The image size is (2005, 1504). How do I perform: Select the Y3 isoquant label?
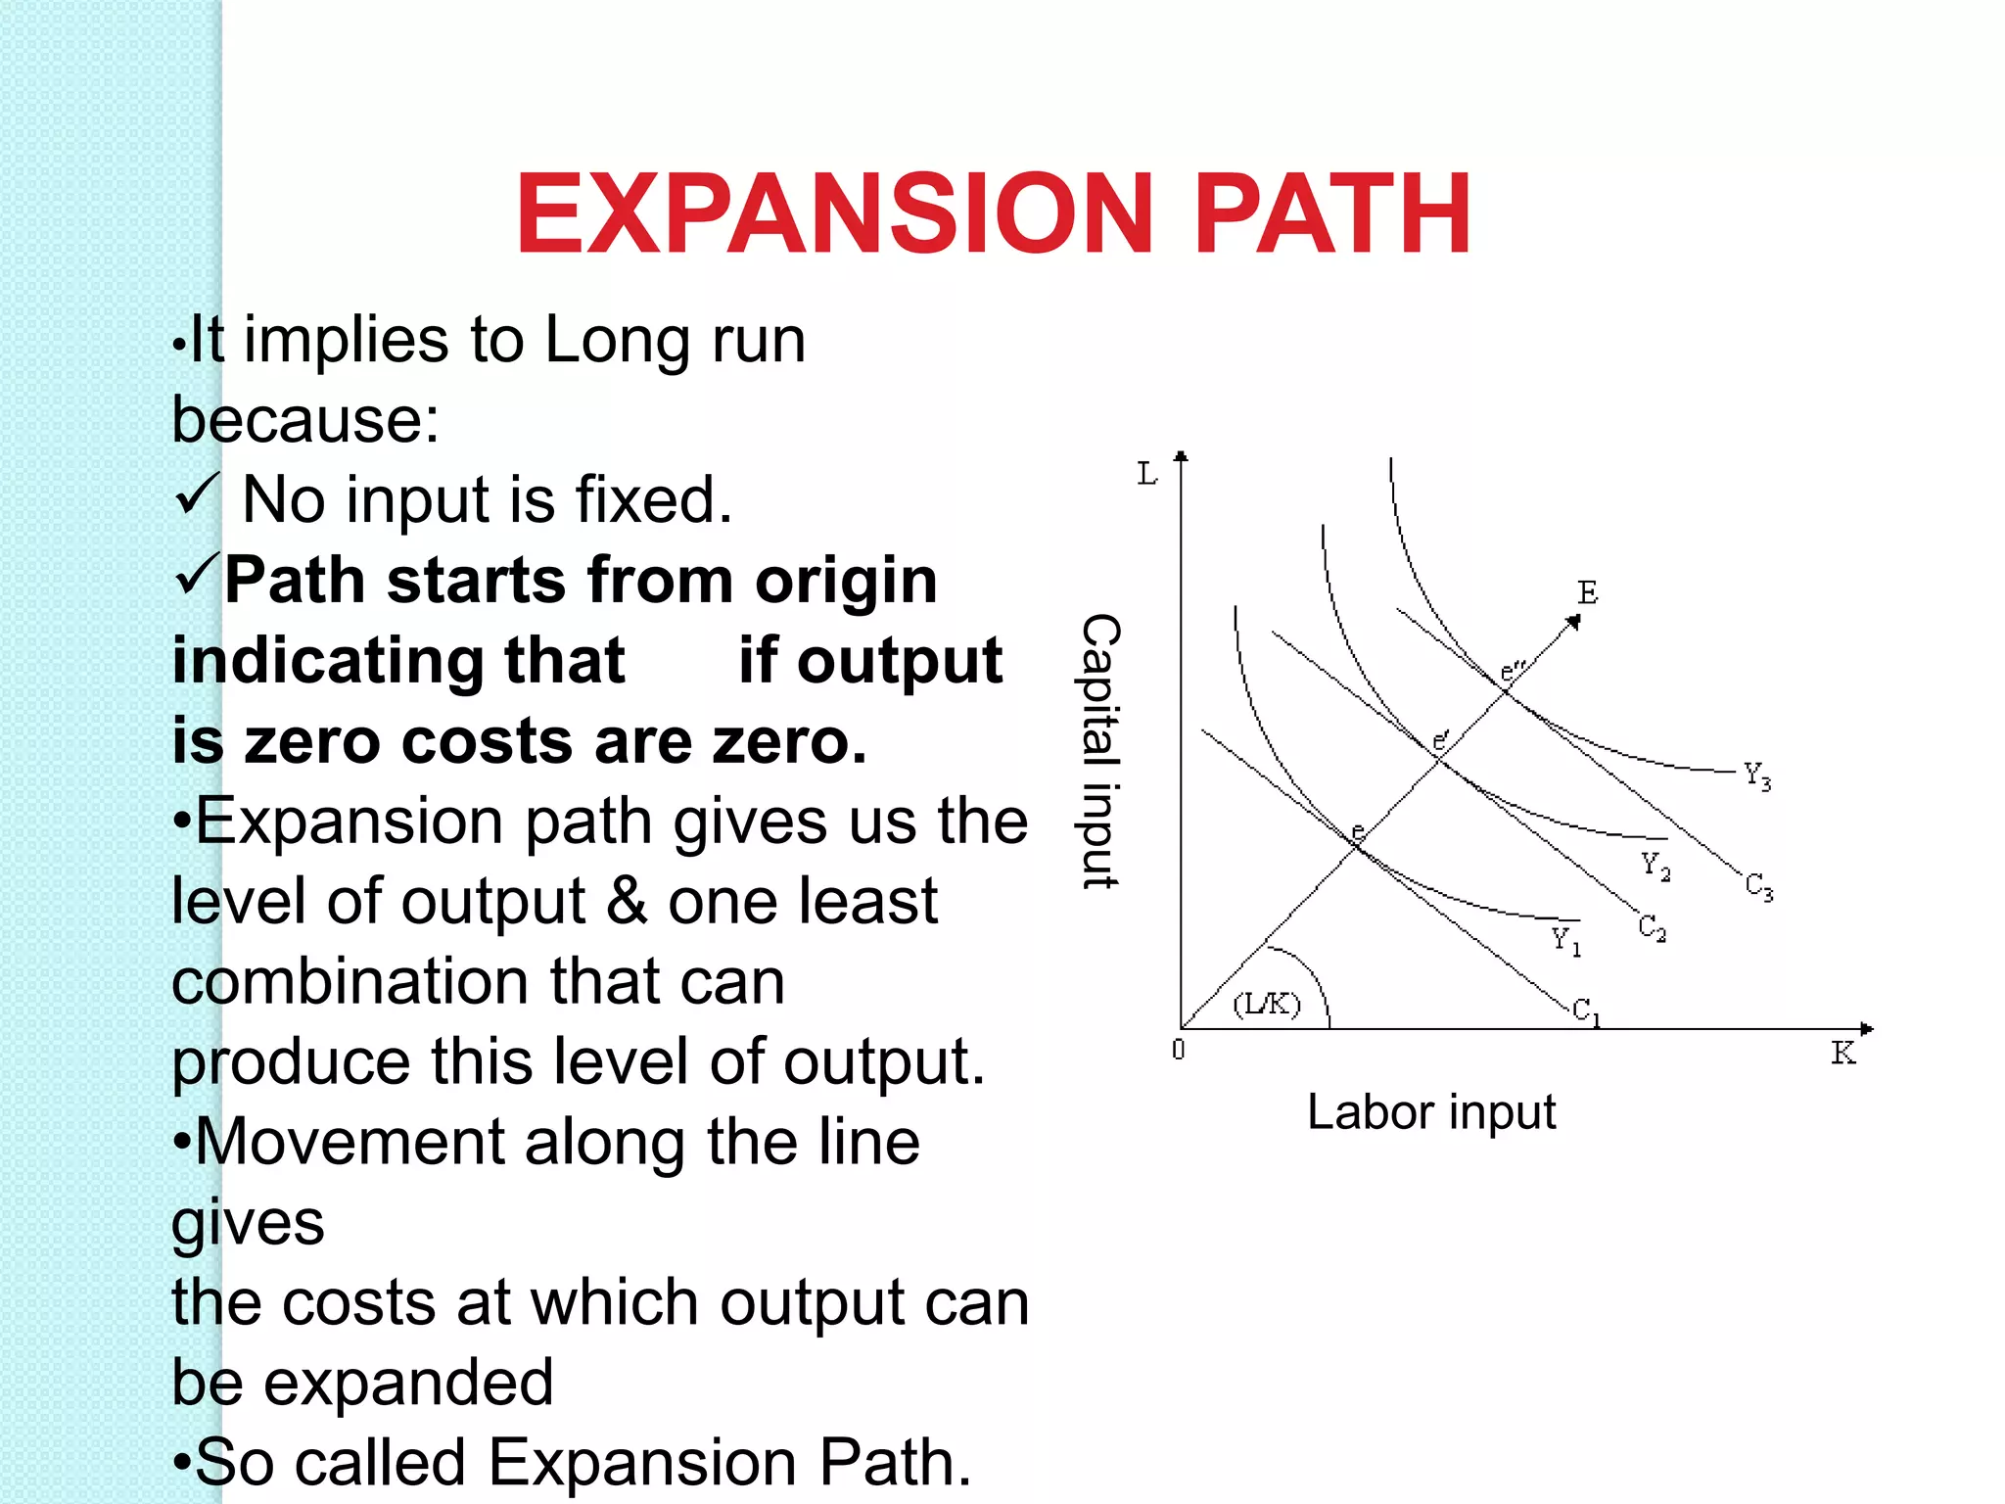[x=1757, y=776]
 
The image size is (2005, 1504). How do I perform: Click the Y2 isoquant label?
[x=1655, y=867]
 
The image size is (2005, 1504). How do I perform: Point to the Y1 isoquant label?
[x=1565, y=941]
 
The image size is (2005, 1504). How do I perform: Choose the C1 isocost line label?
[x=1586, y=1011]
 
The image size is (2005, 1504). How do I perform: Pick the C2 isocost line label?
[x=1653, y=926]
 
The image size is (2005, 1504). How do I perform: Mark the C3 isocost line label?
[x=1759, y=887]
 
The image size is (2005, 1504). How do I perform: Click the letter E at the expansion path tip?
[x=1587, y=592]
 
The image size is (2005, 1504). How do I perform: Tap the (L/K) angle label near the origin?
[x=1267, y=1004]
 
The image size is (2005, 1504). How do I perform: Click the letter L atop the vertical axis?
[x=1146, y=475]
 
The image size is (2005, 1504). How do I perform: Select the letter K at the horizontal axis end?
[x=1843, y=1054]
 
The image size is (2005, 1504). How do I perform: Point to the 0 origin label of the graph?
[x=1179, y=1050]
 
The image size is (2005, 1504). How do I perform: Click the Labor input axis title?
[x=1431, y=1113]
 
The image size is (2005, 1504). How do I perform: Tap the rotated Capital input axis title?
[x=1099, y=751]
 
